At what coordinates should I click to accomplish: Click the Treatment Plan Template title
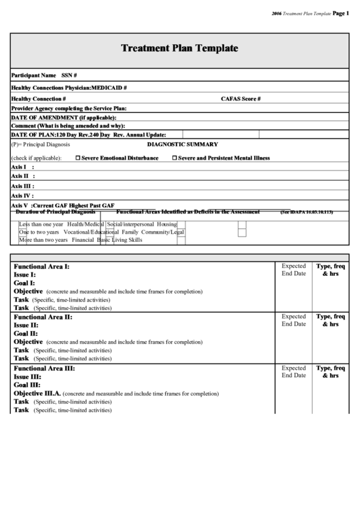click(x=179, y=48)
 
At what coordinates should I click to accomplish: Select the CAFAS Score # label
click(x=240, y=99)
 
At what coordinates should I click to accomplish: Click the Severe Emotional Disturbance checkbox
click(x=77, y=158)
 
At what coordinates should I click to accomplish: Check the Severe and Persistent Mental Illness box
click(x=175, y=158)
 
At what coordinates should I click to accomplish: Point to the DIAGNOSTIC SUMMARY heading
click(x=183, y=144)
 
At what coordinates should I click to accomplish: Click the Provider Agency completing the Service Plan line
click(x=69, y=108)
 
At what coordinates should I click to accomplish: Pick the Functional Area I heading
click(x=41, y=266)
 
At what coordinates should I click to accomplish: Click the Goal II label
click(x=26, y=334)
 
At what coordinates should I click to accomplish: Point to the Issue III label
click(x=27, y=376)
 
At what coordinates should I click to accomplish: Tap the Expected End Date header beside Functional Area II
click(x=293, y=320)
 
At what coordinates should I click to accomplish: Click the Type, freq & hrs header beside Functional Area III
click(x=331, y=372)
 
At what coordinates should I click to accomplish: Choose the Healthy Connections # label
click(x=39, y=99)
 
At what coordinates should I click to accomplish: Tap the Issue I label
click(x=25, y=275)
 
